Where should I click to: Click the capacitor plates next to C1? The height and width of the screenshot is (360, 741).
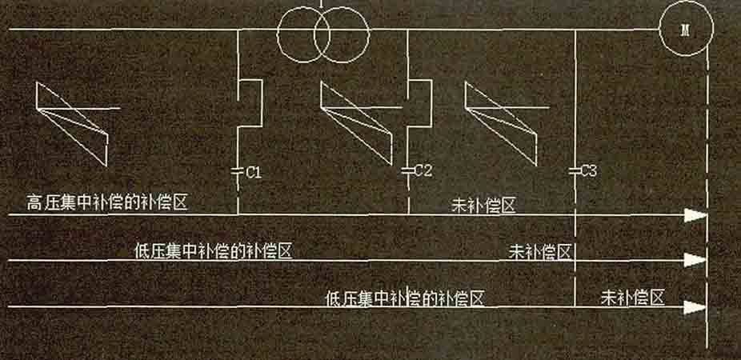click(x=238, y=170)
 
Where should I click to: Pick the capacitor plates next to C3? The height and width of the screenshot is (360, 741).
click(x=575, y=170)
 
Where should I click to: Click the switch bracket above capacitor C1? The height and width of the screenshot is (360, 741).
click(x=250, y=103)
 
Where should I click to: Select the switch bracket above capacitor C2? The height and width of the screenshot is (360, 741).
click(x=420, y=103)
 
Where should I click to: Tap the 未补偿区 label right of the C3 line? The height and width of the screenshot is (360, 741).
click(x=633, y=298)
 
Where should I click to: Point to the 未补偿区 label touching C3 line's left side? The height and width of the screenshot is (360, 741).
click(x=540, y=251)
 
